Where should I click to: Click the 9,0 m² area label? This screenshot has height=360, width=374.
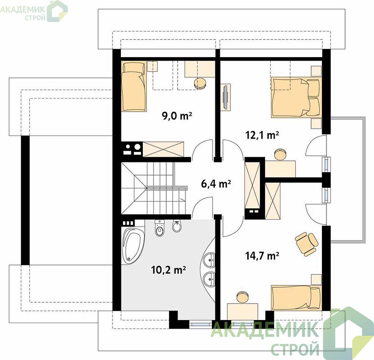click(177, 116)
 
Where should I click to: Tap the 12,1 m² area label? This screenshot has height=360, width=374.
click(262, 135)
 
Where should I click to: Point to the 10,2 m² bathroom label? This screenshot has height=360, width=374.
click(169, 270)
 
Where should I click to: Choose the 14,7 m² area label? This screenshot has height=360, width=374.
click(262, 256)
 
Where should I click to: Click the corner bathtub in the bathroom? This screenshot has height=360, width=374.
click(132, 245)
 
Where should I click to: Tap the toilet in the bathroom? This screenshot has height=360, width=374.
click(160, 228)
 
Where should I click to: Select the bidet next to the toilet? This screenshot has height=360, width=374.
click(177, 226)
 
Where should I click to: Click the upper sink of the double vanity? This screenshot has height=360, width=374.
click(209, 259)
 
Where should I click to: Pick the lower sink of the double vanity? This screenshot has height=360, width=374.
click(209, 279)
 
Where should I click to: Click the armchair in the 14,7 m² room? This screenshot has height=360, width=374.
click(307, 243)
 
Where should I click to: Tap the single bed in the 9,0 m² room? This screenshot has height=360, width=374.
click(134, 86)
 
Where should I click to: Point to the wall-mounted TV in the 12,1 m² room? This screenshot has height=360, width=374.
click(225, 97)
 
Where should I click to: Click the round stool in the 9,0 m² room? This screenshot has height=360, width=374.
click(200, 83)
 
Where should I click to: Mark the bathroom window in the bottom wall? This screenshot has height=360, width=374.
click(201, 324)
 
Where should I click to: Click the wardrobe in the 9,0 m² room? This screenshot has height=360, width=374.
click(163, 149)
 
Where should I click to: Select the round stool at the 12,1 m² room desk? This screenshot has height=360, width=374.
click(280, 154)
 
